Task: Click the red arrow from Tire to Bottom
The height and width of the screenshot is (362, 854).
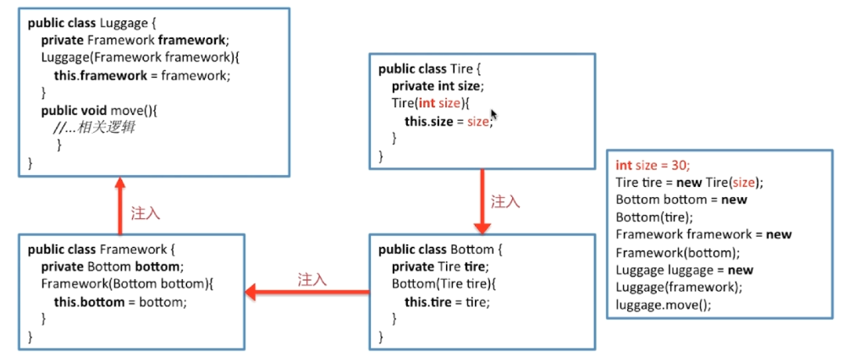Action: (482, 201)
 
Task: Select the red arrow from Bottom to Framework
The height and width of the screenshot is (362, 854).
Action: (306, 293)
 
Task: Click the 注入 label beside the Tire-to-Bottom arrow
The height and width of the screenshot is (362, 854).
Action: (505, 201)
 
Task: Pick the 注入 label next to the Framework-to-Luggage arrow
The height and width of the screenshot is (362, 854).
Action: (146, 213)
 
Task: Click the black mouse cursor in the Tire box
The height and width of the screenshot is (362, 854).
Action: (493, 117)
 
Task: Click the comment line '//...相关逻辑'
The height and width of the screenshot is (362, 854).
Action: (94, 127)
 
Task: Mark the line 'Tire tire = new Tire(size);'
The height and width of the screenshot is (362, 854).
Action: (689, 183)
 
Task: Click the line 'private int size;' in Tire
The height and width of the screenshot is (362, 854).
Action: (437, 86)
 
